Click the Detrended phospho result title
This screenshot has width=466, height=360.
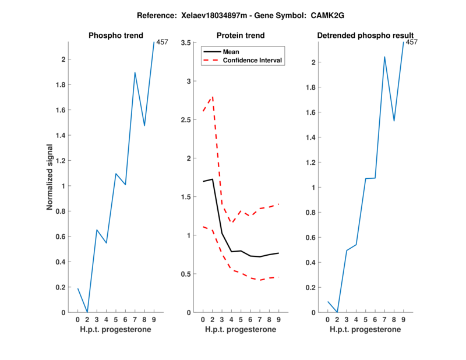click(x=365, y=36)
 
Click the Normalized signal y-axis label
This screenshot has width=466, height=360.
click(x=50, y=177)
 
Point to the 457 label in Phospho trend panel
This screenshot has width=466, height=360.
click(x=163, y=43)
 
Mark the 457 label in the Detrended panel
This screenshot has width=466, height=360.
click(x=412, y=43)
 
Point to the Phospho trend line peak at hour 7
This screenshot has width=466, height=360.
click(x=135, y=73)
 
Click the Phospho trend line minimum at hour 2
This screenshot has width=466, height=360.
click(x=87, y=312)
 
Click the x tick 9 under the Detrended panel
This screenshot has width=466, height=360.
click(x=403, y=319)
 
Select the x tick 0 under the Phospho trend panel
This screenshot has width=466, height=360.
click(x=77, y=319)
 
